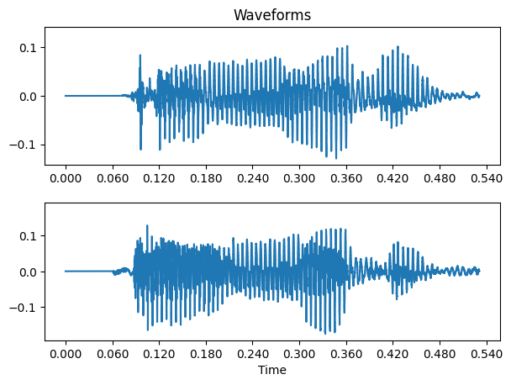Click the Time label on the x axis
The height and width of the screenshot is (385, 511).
272,370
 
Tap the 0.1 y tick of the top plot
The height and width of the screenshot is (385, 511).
29,47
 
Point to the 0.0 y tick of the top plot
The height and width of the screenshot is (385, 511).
29,96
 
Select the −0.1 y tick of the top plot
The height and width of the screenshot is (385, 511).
25,145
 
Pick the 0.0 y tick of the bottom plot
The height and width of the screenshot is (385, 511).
29,272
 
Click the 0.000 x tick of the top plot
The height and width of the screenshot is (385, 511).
66,178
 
